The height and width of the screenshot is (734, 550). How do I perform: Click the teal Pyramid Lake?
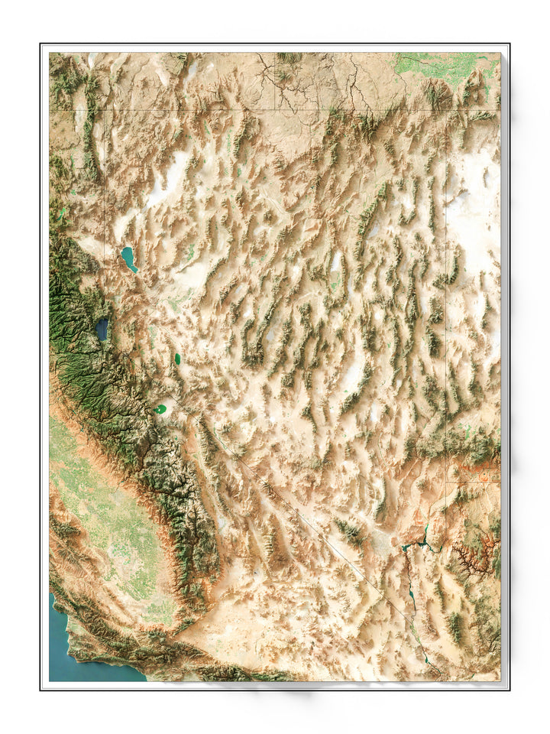(128, 258)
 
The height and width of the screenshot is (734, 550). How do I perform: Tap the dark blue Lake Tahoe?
(102, 329)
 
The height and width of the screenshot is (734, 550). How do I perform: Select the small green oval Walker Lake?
(177, 358)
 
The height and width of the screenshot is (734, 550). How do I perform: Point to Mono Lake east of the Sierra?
(160, 409)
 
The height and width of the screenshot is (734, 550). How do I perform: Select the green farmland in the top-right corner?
(443, 65)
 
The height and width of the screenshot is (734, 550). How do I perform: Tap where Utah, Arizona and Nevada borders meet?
(445, 482)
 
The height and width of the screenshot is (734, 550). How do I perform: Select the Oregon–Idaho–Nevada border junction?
(276, 109)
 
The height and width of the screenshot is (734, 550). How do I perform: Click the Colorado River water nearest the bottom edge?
(435, 673)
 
